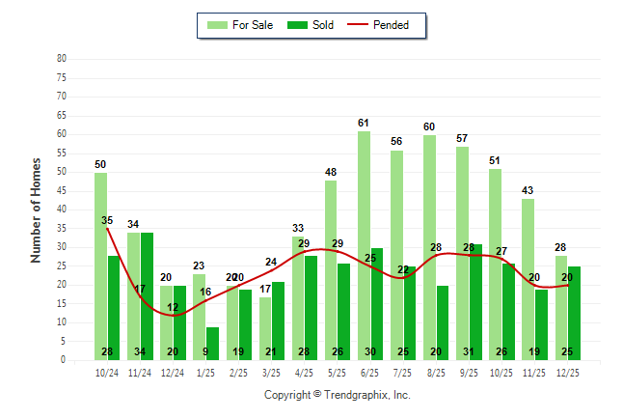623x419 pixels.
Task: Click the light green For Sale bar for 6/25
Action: [363, 245]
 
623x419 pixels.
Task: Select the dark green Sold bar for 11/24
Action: [147, 295]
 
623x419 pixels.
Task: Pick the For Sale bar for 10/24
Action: [100, 265]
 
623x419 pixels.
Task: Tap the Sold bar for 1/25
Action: [212, 343]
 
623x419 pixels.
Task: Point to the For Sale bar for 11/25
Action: [528, 279]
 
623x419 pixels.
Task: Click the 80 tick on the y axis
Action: [62, 59]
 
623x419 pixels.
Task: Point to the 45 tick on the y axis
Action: [62, 190]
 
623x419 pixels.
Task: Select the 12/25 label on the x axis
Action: [567, 371]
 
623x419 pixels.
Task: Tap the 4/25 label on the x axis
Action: [304, 371]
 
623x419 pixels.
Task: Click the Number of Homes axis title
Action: [36, 209]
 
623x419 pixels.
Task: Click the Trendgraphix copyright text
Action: [338, 395]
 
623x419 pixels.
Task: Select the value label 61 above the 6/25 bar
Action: [364, 123]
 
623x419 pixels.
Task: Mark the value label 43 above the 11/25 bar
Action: [528, 190]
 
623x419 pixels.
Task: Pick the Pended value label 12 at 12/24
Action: [173, 307]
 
